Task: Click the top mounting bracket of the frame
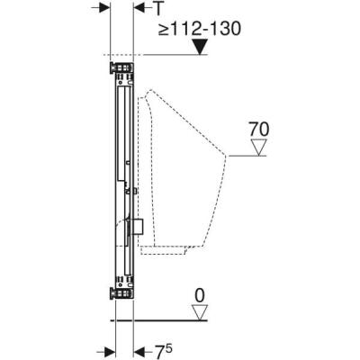click(x=119, y=67)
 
